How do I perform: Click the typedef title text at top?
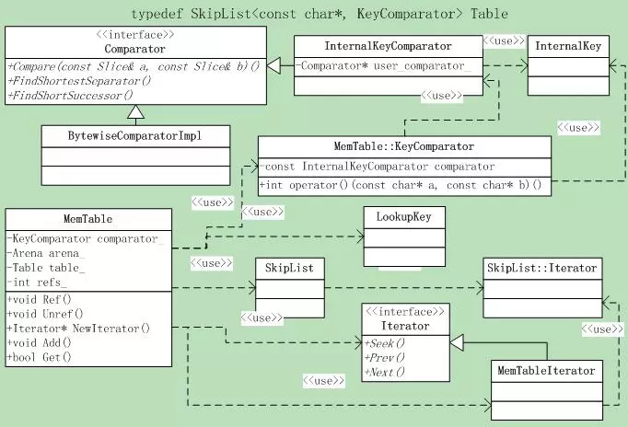tap(320, 14)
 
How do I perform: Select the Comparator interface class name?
tap(135, 49)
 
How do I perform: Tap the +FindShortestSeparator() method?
tap(79, 81)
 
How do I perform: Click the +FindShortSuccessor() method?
tap(70, 96)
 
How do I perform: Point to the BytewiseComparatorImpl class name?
tap(134, 136)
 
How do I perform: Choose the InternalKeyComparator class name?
tap(388, 46)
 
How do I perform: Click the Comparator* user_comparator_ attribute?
tap(383, 65)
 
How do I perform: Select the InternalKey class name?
tap(568, 46)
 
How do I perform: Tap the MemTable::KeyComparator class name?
tap(403, 146)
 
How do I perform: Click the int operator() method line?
tap(401, 185)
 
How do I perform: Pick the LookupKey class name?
tap(403, 217)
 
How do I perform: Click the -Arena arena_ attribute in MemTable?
tap(46, 253)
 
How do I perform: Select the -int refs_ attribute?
tap(37, 283)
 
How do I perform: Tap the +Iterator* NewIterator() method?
tap(78, 329)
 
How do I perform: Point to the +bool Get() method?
tap(40, 357)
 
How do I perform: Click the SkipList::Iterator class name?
tap(541, 268)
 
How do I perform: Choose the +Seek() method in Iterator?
tap(385, 343)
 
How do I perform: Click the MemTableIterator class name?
tap(546, 370)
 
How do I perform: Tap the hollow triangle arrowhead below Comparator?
tap(135, 112)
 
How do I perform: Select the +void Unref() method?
tap(45, 314)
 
